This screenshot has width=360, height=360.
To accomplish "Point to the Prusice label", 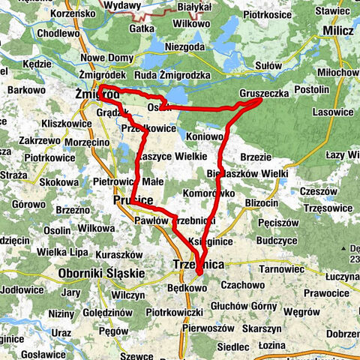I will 133,201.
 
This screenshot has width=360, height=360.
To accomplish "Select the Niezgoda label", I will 180,46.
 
